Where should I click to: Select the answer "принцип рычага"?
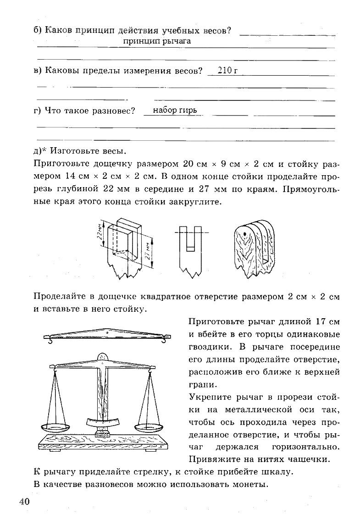[x=157, y=41]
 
